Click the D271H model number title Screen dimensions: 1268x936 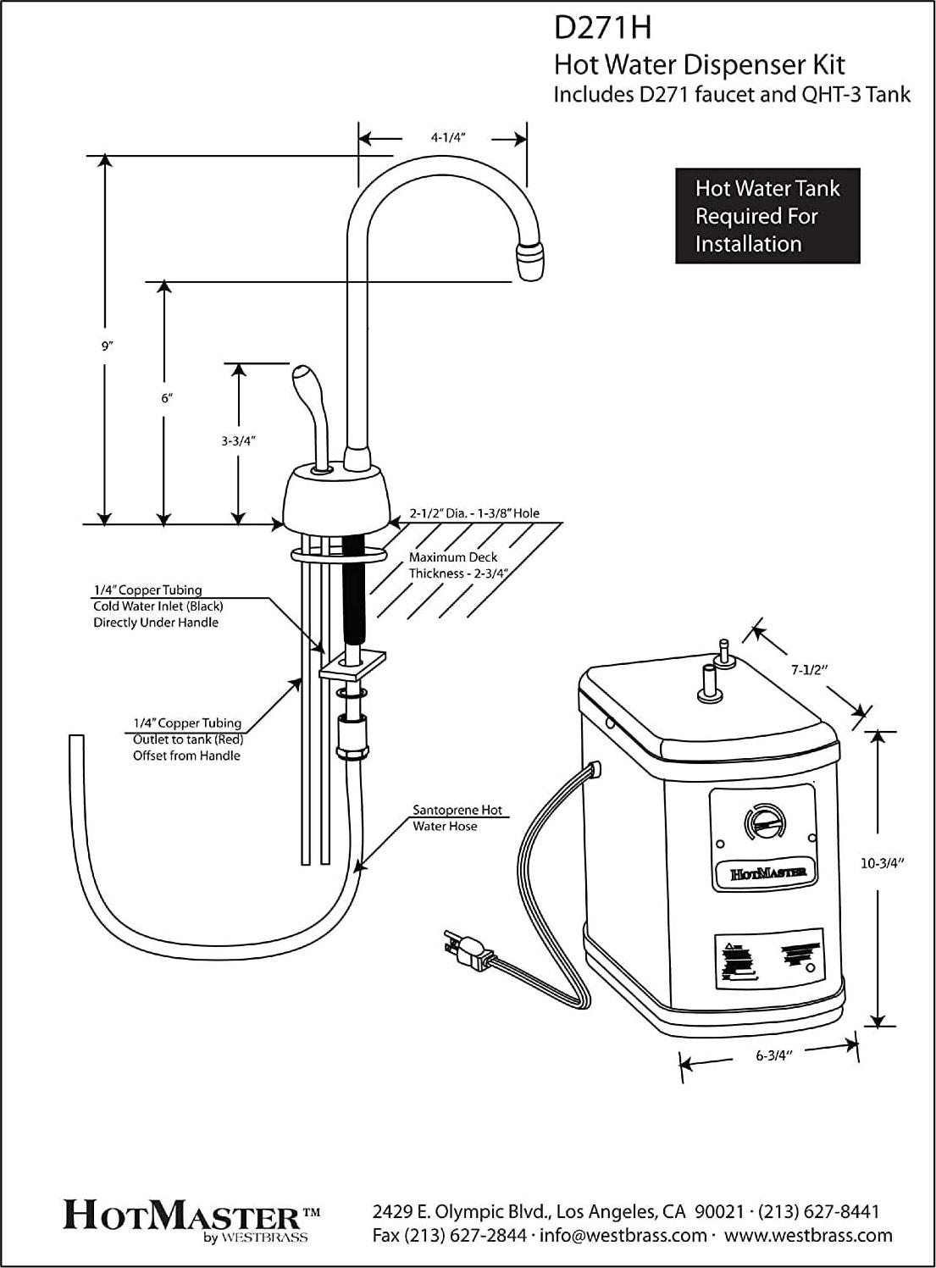pyautogui.click(x=602, y=28)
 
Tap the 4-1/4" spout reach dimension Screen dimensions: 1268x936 pyautogui.click(x=450, y=137)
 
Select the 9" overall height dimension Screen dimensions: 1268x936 pyautogui.click(x=107, y=346)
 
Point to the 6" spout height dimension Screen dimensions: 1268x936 pyautogui.click(x=167, y=398)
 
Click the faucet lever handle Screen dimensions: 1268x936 pyautogui.click(x=306, y=390)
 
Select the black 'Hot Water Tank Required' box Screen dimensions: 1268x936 pyautogui.click(x=767, y=216)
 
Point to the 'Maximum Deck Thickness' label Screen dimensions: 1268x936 pyautogui.click(x=453, y=565)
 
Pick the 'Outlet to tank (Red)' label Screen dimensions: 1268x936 pyautogui.click(x=187, y=739)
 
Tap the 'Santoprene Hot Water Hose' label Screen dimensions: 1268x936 pyautogui.click(x=457, y=818)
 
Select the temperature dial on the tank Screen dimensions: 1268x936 pyautogui.click(x=762, y=822)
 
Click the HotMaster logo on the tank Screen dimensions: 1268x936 pyautogui.click(x=762, y=872)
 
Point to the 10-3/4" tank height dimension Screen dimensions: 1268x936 pyautogui.click(x=883, y=864)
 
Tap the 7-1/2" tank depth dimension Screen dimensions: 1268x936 pyautogui.click(x=808, y=670)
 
